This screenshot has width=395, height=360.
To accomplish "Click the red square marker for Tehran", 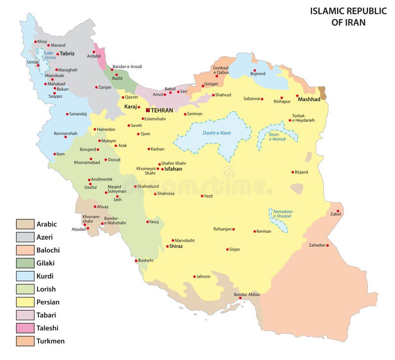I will click(148, 110).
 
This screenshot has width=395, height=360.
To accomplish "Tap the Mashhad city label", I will click(309, 99).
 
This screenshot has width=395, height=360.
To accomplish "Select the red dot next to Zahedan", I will click(327, 245).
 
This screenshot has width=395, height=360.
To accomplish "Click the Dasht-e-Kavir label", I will click(217, 133).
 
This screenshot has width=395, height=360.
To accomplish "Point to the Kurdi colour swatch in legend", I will click(25, 276).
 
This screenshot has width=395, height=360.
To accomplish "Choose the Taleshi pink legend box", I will click(25, 328).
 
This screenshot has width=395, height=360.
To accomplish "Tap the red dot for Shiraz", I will click(167, 246).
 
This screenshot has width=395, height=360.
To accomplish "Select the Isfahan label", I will click(173, 169).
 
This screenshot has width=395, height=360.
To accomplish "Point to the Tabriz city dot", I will click(57, 54).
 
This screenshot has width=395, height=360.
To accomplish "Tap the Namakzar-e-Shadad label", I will click(284, 214).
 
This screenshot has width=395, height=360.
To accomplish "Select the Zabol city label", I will click(336, 214).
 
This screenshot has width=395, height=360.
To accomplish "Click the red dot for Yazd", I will click(202, 196).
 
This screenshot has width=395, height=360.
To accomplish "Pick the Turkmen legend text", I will click(50, 341).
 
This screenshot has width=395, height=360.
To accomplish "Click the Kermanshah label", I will click(65, 133).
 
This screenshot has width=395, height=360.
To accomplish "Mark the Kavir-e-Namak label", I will click(278, 137).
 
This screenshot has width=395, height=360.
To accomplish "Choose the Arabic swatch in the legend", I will click(25, 224).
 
